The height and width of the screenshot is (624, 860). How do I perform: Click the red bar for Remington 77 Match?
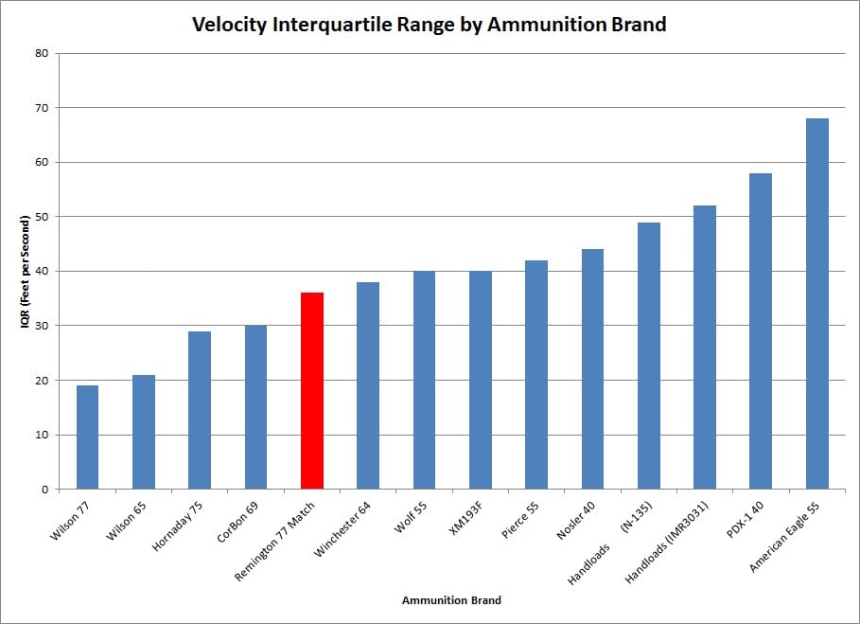[312, 391]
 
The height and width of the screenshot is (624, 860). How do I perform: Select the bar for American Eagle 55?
[816, 304]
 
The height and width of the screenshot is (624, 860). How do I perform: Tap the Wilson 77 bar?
[87, 437]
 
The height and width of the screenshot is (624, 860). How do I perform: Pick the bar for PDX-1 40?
[761, 331]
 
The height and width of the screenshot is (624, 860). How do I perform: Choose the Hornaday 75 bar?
[200, 410]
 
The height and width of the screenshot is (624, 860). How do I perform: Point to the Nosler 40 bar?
[592, 369]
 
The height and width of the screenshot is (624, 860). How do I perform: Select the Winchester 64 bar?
[368, 385]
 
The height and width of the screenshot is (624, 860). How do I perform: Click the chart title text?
[429, 25]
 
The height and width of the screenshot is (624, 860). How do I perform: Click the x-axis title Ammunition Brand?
[451, 600]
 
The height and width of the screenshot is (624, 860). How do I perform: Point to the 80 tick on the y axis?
[42, 53]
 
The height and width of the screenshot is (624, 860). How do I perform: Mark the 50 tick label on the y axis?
[42, 217]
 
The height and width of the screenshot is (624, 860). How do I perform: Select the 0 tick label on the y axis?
[44, 490]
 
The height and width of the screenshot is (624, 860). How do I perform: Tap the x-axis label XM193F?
[467, 518]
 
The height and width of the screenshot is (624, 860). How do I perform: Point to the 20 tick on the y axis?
[42, 381]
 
